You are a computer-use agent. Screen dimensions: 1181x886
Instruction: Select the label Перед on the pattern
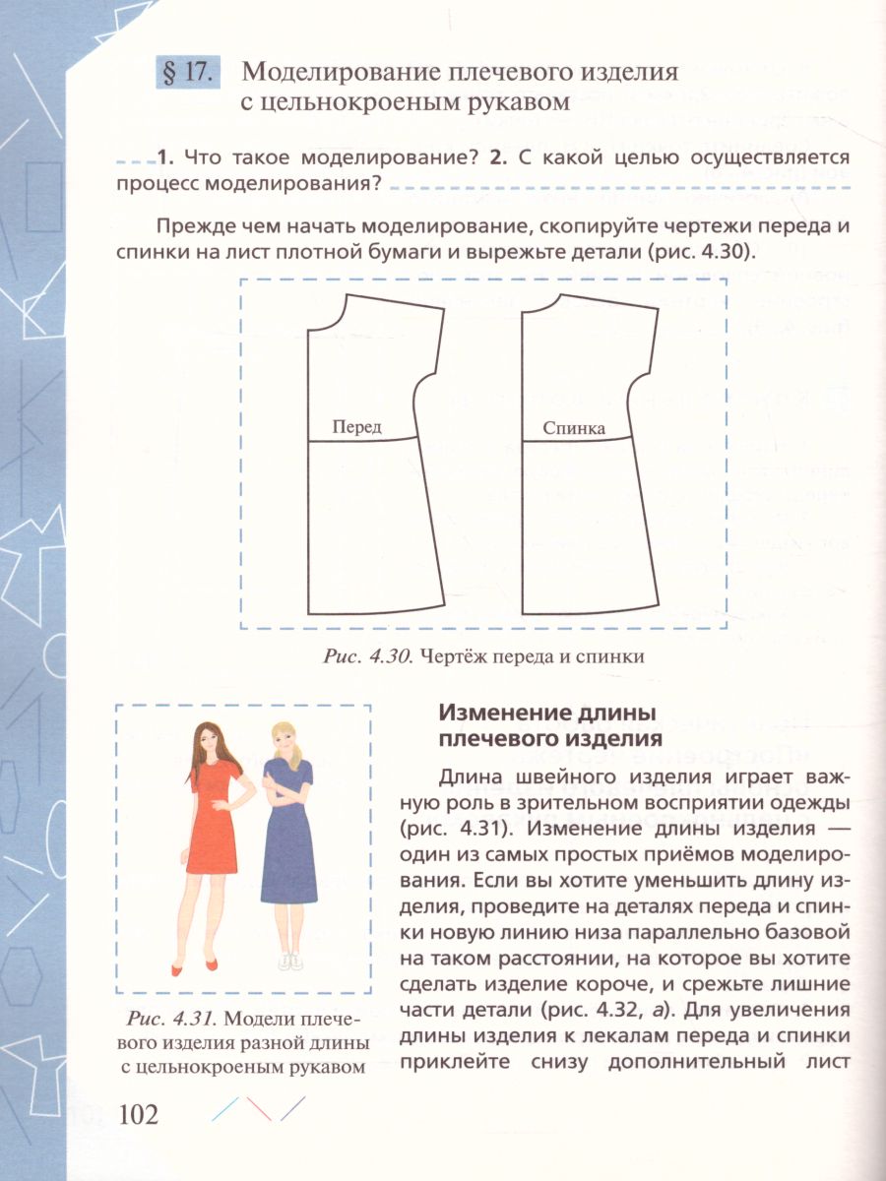[356, 428]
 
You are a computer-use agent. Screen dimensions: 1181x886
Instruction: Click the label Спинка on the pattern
[572, 429]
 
